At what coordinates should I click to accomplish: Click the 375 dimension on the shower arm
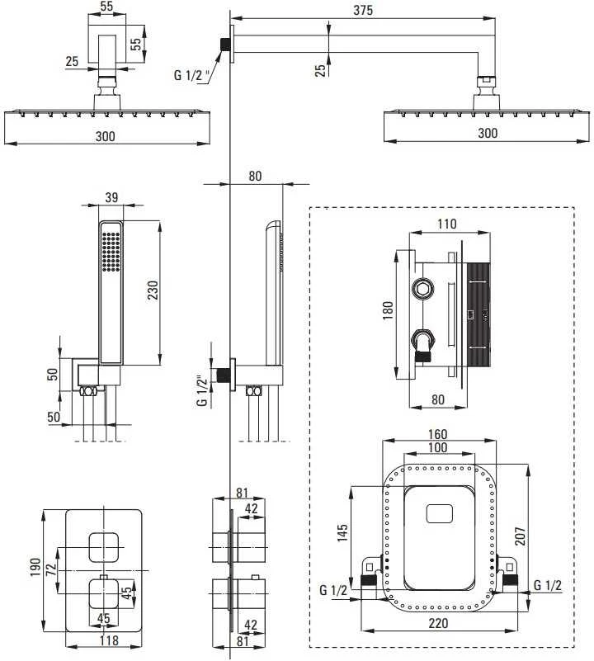[x=363, y=10]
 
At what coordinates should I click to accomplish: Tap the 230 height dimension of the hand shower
[x=152, y=290]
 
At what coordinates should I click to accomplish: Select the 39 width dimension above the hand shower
[x=111, y=197]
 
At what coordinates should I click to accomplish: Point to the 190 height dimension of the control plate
[x=35, y=567]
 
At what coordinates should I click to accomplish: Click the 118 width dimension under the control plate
[x=109, y=640]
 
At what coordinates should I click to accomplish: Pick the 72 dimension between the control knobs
[x=51, y=570]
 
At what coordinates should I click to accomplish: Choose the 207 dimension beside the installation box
[x=521, y=536]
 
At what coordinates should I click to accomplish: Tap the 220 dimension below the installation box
[x=438, y=623]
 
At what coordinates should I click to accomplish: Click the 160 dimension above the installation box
[x=437, y=434]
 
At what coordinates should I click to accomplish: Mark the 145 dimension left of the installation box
[x=342, y=532]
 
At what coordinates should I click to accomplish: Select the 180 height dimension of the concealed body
[x=388, y=310]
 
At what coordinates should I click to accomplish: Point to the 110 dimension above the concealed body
[x=446, y=224]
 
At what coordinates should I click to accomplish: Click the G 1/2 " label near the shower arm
[x=192, y=75]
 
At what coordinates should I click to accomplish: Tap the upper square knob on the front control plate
[x=104, y=547]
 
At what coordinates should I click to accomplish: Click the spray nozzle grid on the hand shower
[x=111, y=252]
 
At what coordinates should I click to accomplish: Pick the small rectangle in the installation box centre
[x=439, y=513]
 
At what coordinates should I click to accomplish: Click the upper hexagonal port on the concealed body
[x=423, y=290]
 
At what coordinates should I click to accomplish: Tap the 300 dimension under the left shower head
[x=105, y=136]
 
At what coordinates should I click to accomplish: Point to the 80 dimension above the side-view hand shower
[x=255, y=176]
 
